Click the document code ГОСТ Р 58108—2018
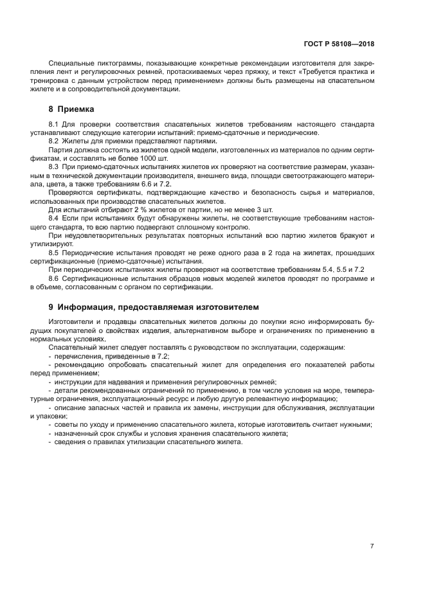(339, 44)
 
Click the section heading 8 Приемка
(71, 109)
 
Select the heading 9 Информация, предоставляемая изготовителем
(152, 307)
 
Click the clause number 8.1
(54, 123)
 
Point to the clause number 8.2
(54, 140)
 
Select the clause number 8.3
(54, 166)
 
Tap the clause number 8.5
(54, 253)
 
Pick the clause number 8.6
(54, 279)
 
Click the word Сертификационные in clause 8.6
(96, 279)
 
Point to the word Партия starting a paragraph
(60, 148)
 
